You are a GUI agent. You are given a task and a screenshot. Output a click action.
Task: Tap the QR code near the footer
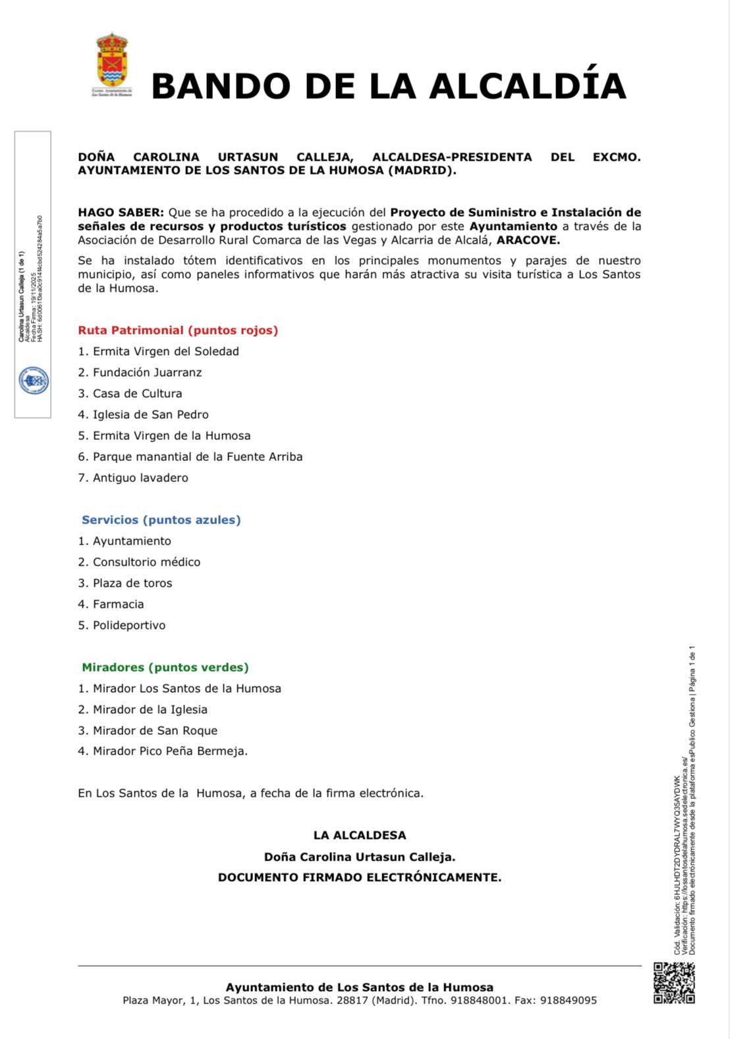[x=674, y=982]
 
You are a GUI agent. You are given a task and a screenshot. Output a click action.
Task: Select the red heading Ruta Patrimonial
[x=178, y=331]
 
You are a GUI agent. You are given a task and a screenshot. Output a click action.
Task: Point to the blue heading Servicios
[x=161, y=520]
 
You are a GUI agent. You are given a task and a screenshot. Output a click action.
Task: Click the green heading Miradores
[x=165, y=668]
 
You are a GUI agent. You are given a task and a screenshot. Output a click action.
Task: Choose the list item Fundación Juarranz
[x=147, y=373]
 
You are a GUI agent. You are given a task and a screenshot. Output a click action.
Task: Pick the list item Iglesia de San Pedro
[x=150, y=415]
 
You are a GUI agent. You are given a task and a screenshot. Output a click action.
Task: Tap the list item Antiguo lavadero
[x=140, y=478]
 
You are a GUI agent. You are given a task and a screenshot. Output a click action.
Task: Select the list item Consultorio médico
[x=146, y=562]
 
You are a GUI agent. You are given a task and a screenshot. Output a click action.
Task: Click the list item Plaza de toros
[x=132, y=583]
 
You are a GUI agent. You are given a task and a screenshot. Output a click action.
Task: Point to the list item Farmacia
[x=118, y=604]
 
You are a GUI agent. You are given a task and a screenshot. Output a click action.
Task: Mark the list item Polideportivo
[x=128, y=626]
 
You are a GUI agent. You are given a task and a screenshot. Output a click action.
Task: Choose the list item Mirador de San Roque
[x=155, y=731]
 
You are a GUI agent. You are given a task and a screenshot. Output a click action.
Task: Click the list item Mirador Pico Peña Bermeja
[x=170, y=751]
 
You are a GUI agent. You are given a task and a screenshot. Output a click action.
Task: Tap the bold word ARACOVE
[x=528, y=240]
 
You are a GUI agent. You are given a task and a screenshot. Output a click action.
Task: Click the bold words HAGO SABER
[x=121, y=213]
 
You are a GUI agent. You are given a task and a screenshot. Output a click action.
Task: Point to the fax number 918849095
[x=568, y=1001]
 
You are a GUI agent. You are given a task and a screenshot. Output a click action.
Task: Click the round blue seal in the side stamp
[x=33, y=381]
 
